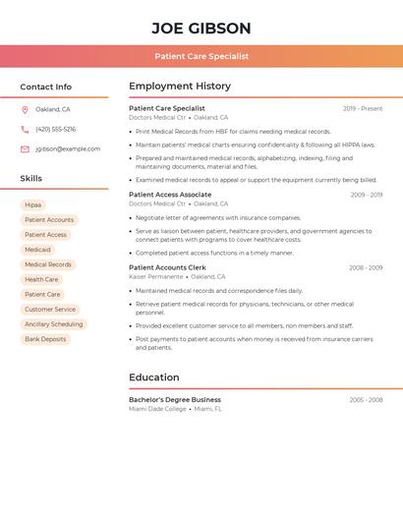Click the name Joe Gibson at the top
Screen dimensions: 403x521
tap(201, 29)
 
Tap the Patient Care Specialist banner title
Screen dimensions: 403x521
tap(201, 56)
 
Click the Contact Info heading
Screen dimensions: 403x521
tap(46, 87)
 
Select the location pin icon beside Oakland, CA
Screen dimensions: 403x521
tap(25, 109)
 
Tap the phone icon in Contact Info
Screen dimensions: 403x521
tap(25, 129)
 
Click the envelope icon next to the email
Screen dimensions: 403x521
tap(25, 149)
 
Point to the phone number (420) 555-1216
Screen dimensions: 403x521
tap(55, 129)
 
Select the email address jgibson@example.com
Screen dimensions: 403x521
tap(68, 149)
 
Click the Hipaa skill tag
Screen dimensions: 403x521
tap(33, 205)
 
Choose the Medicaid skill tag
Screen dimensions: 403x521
tap(37, 250)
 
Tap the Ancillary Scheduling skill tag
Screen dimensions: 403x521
tap(54, 324)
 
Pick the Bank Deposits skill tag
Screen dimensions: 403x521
tap(45, 339)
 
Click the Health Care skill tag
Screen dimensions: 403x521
tap(41, 279)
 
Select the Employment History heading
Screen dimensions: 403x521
tap(180, 87)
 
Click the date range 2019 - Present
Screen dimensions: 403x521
tap(363, 108)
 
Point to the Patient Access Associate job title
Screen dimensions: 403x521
tap(170, 195)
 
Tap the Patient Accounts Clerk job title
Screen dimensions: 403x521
tap(167, 267)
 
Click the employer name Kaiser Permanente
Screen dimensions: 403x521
tap(156, 276)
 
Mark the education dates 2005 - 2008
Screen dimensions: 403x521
tap(366, 400)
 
